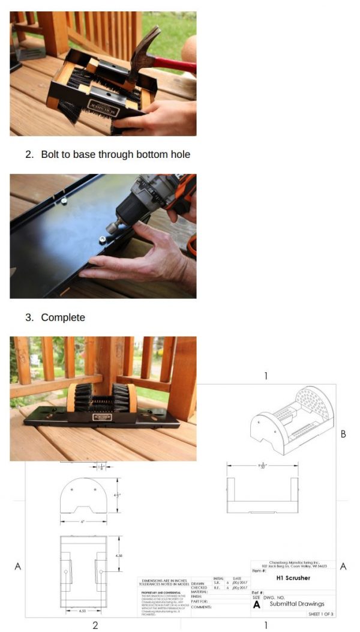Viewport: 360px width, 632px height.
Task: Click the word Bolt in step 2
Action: [51, 154]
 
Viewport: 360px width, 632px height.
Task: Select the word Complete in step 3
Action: [63, 317]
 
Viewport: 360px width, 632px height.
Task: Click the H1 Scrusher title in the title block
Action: [293, 578]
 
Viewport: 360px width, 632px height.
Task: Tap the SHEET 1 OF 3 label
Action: [321, 614]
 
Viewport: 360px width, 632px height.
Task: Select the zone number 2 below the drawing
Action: [95, 625]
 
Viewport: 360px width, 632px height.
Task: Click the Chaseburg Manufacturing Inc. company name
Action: [293, 562]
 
